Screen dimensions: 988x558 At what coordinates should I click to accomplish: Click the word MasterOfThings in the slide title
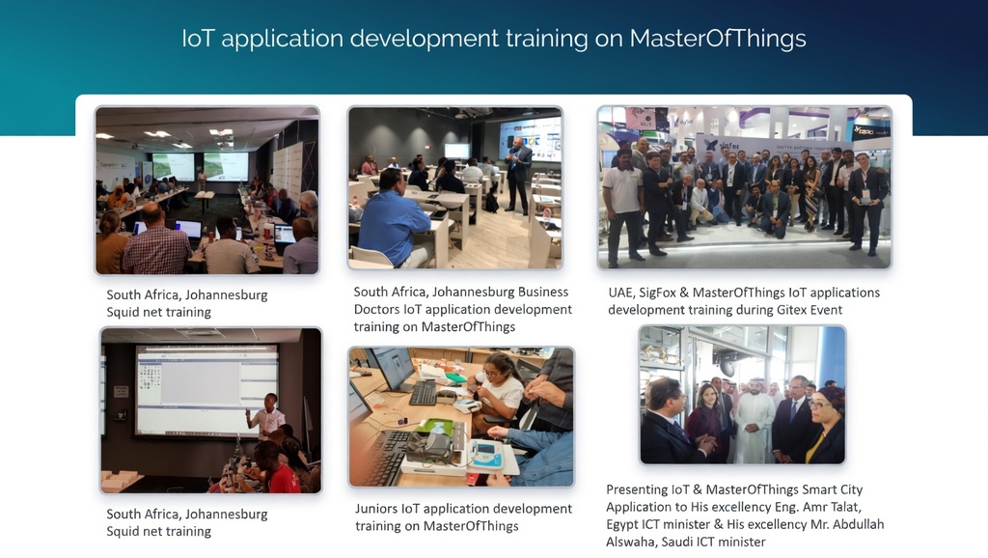718,39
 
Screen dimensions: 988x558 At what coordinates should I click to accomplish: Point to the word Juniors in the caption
376,508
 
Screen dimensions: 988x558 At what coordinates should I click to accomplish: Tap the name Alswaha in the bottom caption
629,542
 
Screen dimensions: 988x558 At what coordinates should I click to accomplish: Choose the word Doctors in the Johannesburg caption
377,309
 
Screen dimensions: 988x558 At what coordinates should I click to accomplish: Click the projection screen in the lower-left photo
207,390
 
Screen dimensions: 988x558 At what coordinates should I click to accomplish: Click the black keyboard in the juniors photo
423,393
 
